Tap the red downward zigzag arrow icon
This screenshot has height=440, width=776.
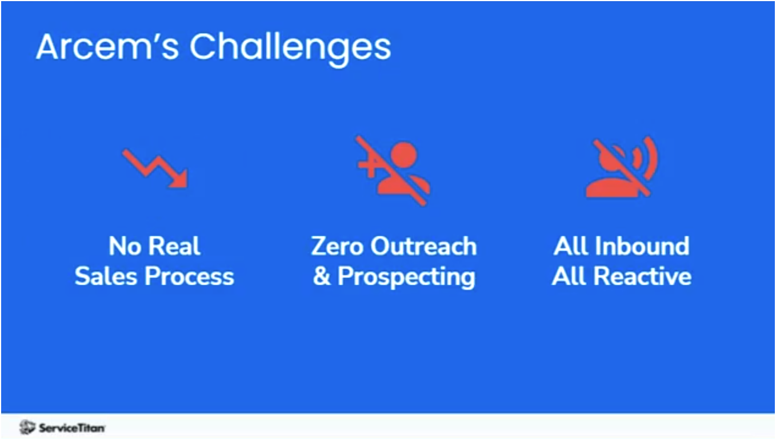point(155,168)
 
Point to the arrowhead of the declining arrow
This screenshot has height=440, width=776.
point(180,180)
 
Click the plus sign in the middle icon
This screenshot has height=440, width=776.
point(367,166)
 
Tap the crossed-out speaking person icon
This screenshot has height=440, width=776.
point(622,168)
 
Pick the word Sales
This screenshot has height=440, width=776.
point(106,277)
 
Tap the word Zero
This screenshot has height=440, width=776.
point(337,247)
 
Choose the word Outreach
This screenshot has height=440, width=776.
point(423,247)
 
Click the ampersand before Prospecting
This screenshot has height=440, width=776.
point(322,277)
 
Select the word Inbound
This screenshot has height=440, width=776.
point(642,247)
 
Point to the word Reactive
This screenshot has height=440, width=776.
point(642,277)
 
